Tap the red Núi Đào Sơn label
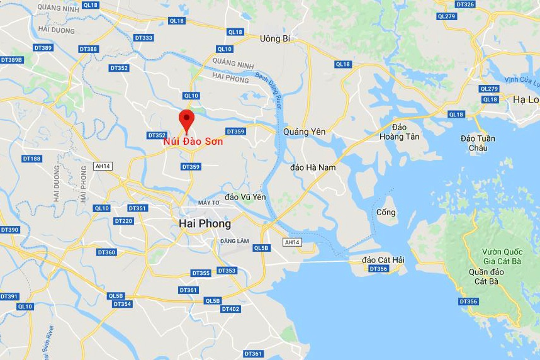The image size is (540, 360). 193,142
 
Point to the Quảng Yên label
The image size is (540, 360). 305,132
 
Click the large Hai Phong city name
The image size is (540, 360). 205,223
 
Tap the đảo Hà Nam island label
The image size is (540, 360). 313,167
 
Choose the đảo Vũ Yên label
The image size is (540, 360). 245,197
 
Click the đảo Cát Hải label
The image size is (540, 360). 383,259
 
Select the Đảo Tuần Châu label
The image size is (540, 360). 478,143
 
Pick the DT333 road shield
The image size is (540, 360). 143,38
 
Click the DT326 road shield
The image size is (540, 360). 464,4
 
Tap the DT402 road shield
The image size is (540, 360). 231,309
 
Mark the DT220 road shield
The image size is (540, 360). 123,221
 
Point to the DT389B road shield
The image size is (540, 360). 11,60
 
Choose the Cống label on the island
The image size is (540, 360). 386,212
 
